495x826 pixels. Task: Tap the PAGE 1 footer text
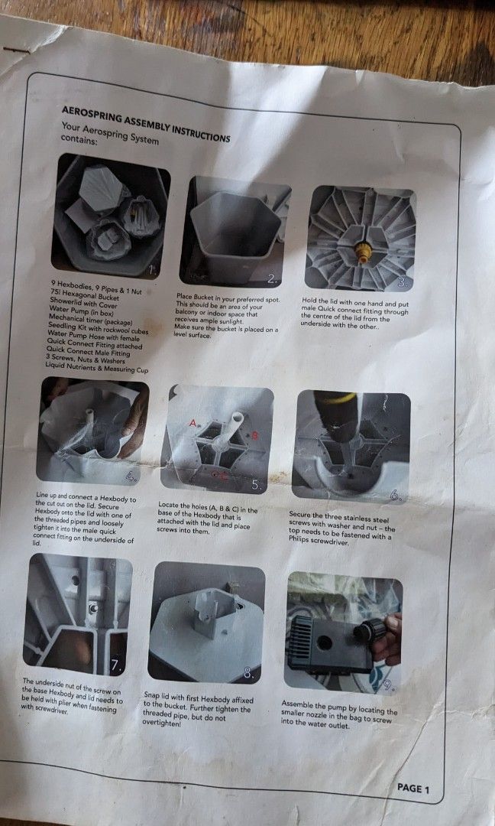click(414, 789)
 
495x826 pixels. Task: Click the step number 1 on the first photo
click(153, 269)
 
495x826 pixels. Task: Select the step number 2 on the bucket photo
click(273, 278)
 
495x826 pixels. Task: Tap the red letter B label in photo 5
click(255, 434)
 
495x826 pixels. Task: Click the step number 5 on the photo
click(257, 484)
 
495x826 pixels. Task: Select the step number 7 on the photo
click(115, 665)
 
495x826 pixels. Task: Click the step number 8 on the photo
click(248, 673)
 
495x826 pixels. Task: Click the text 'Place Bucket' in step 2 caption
click(196, 295)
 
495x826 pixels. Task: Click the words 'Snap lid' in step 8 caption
click(157, 695)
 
